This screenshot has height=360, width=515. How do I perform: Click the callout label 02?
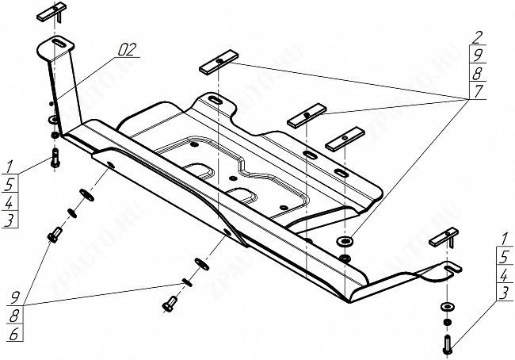click(127, 50)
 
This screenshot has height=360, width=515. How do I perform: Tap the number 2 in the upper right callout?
click(477, 37)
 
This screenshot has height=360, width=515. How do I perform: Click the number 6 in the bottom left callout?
click(14, 334)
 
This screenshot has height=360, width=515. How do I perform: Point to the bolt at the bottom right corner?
click(448, 344)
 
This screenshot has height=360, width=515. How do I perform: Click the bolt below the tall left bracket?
click(55, 158)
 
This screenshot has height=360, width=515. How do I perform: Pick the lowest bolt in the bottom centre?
click(169, 304)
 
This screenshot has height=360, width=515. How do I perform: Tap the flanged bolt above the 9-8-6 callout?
click(54, 235)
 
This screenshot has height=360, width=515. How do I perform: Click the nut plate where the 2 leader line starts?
click(219, 62)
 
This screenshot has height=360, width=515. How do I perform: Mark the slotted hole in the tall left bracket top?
click(59, 44)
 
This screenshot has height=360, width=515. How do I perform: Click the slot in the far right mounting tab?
click(453, 268)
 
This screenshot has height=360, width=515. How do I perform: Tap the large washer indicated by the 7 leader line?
click(345, 242)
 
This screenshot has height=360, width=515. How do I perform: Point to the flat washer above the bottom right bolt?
click(448, 307)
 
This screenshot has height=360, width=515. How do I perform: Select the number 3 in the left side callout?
click(10, 220)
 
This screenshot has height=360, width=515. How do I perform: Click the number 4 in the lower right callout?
click(504, 275)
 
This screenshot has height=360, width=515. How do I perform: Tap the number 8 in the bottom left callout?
click(14, 316)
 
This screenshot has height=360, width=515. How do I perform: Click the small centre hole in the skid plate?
click(233, 178)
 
